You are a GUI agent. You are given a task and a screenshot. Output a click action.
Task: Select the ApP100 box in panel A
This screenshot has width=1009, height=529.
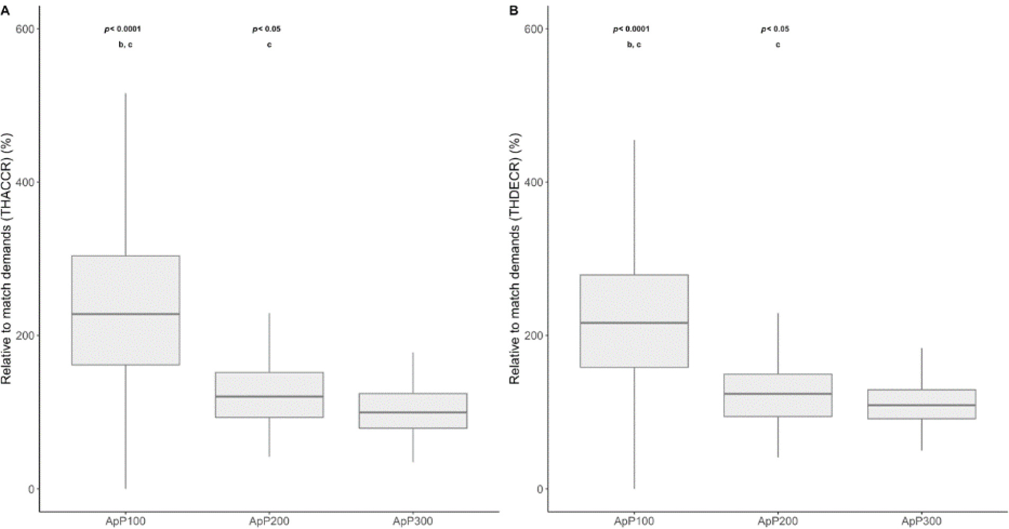pos(125,310)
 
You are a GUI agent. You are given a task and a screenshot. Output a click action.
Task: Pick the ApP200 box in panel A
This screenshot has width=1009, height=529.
pos(269,395)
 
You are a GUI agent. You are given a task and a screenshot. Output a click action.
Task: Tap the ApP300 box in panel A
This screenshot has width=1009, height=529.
pos(413,411)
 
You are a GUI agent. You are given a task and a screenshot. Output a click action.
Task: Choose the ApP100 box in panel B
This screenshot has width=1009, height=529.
pos(634,321)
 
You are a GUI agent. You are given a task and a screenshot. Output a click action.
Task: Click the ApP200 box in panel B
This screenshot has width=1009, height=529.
pos(778,395)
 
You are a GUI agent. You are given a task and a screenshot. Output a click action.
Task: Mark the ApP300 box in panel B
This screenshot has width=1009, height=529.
pos(922,404)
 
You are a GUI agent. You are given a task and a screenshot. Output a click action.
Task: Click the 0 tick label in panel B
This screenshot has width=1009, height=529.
pos(539,489)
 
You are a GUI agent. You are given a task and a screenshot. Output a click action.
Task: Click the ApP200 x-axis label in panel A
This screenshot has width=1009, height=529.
pos(269,522)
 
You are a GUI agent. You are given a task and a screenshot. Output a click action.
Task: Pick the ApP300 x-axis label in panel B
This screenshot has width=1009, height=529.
pos(922,522)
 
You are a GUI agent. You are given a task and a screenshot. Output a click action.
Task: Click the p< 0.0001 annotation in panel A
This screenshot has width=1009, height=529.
pos(122,29)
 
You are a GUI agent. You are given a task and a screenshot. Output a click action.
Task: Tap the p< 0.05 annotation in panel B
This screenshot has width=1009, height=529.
pos(775,29)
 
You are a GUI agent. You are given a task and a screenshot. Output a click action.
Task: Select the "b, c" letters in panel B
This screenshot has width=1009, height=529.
pos(634,45)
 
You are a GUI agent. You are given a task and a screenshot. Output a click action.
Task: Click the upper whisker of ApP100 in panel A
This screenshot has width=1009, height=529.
pos(125,175)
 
